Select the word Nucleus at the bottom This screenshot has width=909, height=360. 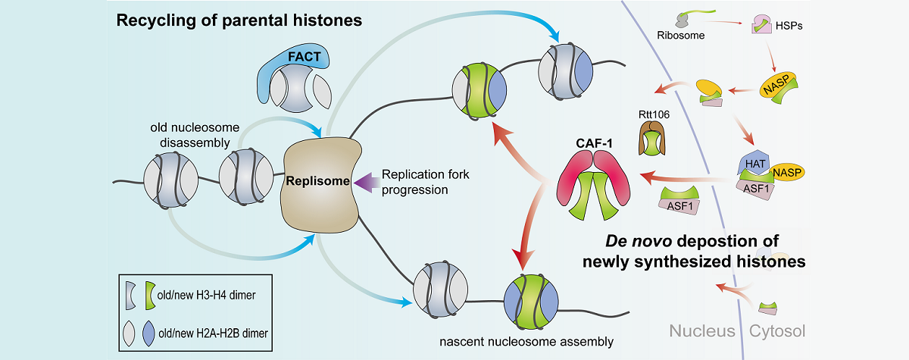[x=701, y=331]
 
